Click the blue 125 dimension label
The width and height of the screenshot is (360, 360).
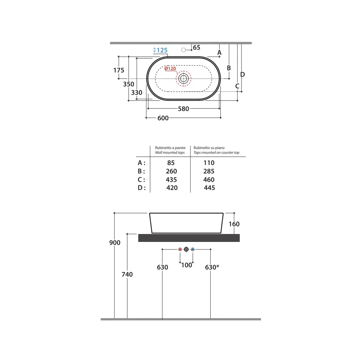tap(162, 50)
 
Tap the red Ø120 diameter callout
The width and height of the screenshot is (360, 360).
tap(170, 68)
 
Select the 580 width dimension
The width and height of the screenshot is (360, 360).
tap(184, 109)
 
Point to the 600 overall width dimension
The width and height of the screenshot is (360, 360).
tap(163, 118)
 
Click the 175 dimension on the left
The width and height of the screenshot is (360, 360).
tap(119, 70)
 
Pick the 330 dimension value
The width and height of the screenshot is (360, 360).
tap(136, 93)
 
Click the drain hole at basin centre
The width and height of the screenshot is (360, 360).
tap(184, 78)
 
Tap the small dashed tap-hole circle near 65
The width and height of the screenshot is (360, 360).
tap(184, 50)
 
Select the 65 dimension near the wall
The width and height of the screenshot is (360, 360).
tap(197, 47)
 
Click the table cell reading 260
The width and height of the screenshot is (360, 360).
tap(171, 171)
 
